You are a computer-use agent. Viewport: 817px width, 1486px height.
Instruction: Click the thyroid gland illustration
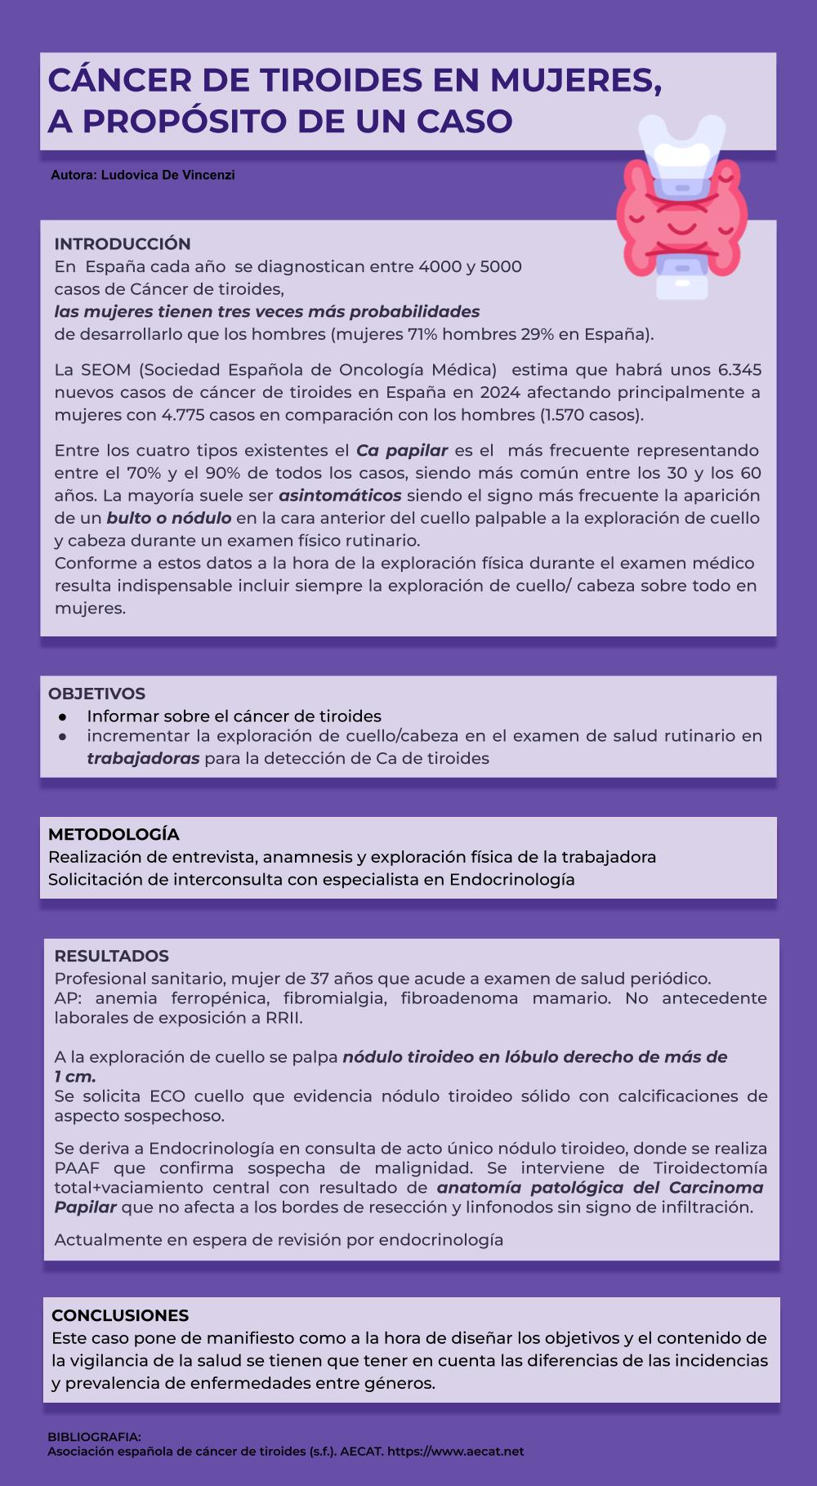(682, 208)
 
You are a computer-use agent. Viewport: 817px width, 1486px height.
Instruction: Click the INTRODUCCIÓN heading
(123, 243)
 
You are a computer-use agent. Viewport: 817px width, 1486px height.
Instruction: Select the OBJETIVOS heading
(96, 694)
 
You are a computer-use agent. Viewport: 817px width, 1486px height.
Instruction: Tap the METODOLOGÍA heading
(114, 834)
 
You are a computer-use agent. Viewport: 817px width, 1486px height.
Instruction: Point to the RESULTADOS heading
(111, 956)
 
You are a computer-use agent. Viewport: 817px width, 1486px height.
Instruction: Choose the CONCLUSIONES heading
(120, 1315)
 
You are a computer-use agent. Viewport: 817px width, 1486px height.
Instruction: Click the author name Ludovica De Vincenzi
(167, 175)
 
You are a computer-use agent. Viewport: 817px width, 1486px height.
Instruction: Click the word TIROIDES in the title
(342, 80)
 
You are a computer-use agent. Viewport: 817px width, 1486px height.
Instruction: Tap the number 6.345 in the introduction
(739, 370)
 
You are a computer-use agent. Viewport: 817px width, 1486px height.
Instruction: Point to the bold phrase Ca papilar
(402, 450)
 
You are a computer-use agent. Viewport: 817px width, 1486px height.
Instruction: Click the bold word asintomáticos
(340, 496)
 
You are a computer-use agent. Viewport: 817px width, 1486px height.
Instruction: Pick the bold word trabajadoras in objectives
(143, 758)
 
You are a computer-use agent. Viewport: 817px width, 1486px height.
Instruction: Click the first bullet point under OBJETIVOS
(62, 716)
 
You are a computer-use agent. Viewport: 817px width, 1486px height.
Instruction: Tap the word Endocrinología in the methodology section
(512, 880)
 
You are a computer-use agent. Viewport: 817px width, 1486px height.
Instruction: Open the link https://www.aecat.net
(455, 1452)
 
